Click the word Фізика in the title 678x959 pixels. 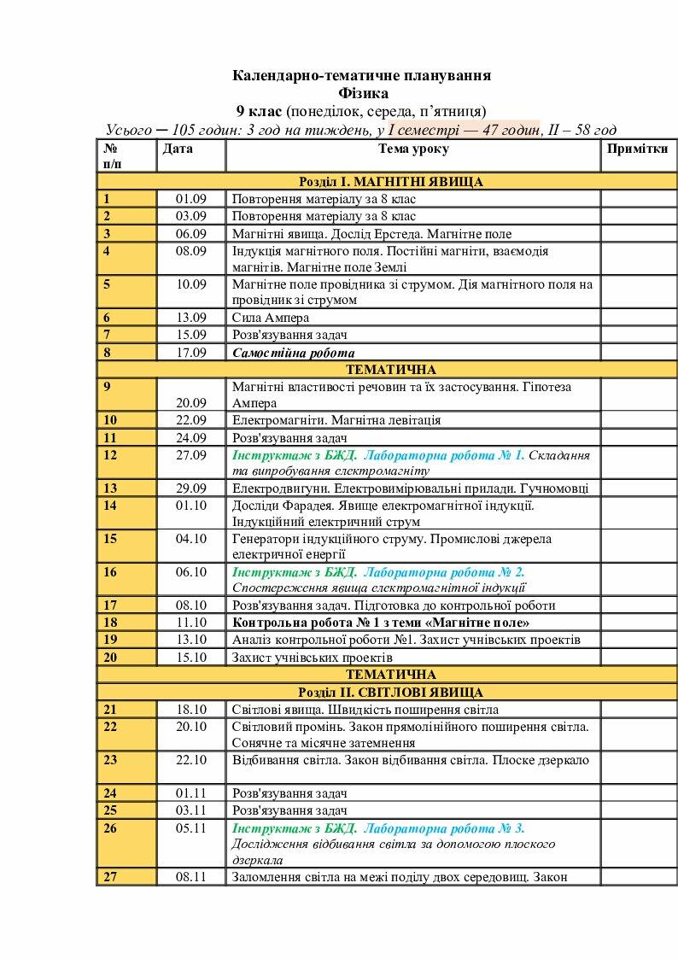362,93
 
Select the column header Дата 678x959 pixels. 178,149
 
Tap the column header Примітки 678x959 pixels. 637,149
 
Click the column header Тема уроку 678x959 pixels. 413,149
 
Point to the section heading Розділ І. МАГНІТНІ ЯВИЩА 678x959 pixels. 390,182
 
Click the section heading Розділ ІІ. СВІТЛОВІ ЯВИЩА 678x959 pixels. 390,692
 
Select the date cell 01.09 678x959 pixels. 191,199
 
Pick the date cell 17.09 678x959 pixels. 191,352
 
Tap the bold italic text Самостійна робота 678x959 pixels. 293,352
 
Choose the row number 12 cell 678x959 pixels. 110,454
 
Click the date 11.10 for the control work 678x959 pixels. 191,623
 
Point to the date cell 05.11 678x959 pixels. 191,827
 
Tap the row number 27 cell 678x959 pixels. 110,877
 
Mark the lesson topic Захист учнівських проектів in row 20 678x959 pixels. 312,658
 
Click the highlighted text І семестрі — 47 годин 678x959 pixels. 464,130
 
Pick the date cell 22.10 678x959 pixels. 191,759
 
